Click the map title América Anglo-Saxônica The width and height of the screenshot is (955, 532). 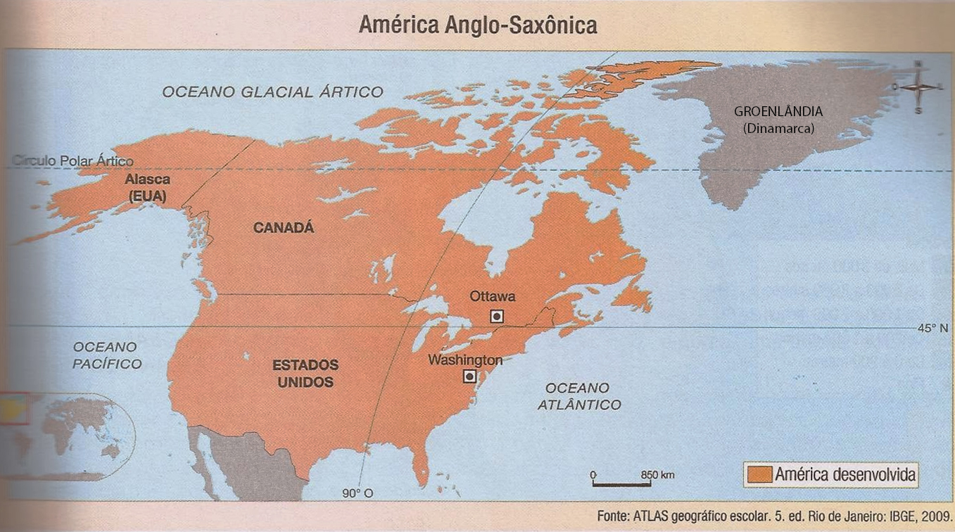pos(477,25)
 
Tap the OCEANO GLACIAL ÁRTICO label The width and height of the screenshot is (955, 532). pos(272,91)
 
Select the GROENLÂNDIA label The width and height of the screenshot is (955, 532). pos(778,111)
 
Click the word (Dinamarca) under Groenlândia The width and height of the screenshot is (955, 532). pos(778,129)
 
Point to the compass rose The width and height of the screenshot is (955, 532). pos(918,87)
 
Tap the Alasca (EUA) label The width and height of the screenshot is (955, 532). pos(147,189)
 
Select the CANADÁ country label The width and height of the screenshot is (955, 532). pos(284,228)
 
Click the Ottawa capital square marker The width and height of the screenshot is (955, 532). pos(497,317)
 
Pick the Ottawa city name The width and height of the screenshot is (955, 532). pos(493,296)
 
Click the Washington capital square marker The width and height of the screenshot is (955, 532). pos(469,376)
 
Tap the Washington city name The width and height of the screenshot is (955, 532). pos(465,360)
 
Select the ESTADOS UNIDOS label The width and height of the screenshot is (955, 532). pos(305,374)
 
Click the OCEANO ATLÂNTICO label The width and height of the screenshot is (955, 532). pos(578,396)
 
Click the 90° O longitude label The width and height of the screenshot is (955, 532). pos(358,493)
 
